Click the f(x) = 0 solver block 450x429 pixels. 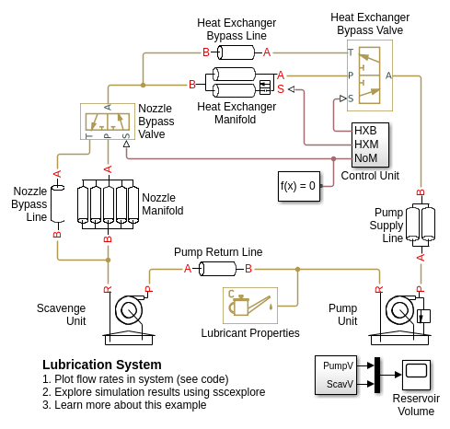coord(299,186)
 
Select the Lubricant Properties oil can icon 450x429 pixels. coord(250,306)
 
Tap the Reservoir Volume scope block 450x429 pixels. coord(416,375)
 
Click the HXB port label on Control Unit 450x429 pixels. coord(365,131)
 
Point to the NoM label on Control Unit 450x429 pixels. coord(365,158)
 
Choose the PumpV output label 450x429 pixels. coord(338,365)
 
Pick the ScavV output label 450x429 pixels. coord(340,384)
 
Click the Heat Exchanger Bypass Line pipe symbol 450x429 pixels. coord(237,52)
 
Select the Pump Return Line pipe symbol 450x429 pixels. coord(218,269)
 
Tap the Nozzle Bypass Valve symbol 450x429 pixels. coord(108,122)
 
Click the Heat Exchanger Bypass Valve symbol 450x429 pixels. coord(370,75)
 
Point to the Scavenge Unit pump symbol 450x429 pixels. coord(129,319)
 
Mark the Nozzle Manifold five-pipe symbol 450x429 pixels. coord(108,204)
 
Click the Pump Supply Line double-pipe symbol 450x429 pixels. coord(421,225)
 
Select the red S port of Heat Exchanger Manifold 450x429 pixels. coord(281,89)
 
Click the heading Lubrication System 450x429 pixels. coord(102,365)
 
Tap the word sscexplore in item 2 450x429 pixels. coord(239,392)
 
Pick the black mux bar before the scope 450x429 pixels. coord(377,375)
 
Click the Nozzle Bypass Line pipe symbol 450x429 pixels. coord(57,203)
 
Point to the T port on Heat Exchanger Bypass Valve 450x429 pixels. coord(351,52)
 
